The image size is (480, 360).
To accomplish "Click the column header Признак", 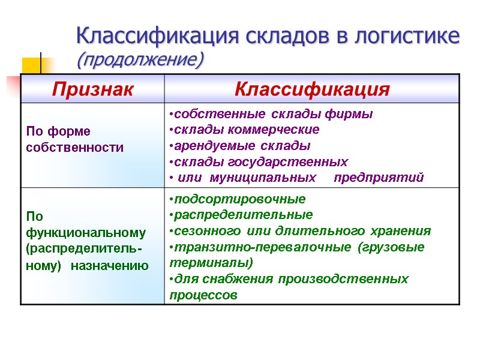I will [x=92, y=89].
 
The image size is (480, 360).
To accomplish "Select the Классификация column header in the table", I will [x=312, y=89].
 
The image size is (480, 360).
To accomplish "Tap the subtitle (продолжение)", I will [x=140, y=60].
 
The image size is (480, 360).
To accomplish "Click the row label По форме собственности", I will [x=75, y=139].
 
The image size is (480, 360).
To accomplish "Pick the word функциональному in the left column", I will [x=86, y=232].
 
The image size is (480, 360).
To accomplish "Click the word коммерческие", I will [x=278, y=130].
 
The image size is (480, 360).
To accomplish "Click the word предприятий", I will [x=379, y=178].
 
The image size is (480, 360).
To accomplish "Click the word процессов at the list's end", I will [x=203, y=295].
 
